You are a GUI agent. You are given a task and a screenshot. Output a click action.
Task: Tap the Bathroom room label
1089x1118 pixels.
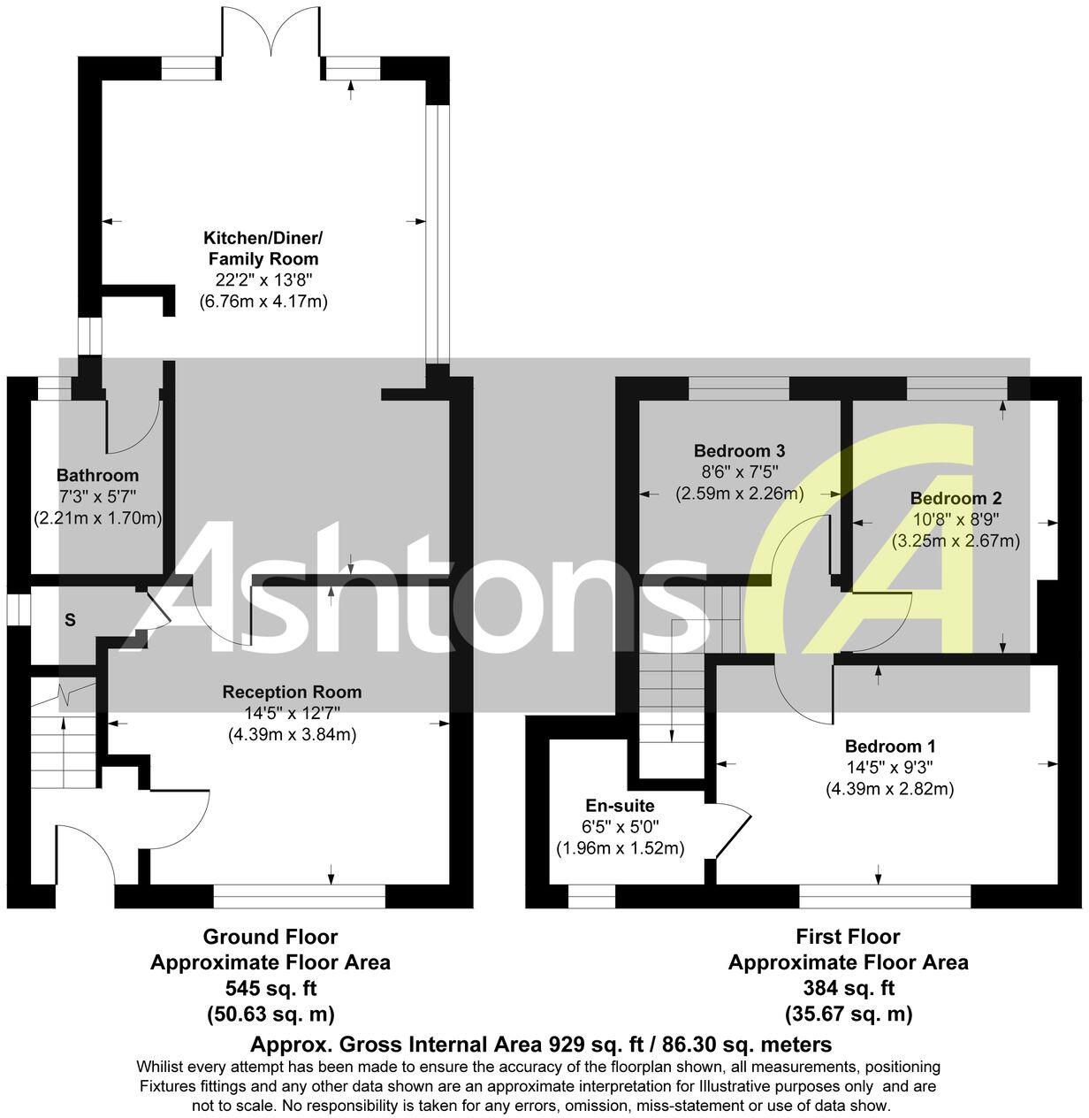pos(97,476)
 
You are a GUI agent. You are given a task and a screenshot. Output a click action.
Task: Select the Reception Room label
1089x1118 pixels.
pos(292,692)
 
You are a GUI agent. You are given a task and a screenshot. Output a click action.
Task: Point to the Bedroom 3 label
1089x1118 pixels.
pos(739,449)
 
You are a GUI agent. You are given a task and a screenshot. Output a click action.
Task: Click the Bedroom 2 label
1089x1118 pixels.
pos(956,498)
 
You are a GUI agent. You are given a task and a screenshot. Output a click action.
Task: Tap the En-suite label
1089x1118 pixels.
pos(620,806)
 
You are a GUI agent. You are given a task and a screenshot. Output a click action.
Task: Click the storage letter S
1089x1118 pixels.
pos(70,620)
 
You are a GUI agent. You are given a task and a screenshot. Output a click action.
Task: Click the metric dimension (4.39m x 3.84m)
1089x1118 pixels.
pos(292,734)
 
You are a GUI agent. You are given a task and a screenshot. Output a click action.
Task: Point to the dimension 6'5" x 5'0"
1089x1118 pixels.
pos(620,827)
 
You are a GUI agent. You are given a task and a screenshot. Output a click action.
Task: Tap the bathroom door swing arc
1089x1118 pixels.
pos(133,425)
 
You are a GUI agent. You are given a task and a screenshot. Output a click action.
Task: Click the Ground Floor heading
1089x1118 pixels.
pos(270,936)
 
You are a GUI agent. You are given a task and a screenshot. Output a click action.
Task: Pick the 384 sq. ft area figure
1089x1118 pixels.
pos(848,988)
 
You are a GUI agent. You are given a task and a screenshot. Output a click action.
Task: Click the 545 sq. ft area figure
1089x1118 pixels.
pos(270,988)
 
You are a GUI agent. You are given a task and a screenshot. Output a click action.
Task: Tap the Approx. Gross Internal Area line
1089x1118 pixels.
pos(541,1044)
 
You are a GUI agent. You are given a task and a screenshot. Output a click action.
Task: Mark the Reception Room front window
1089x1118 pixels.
pos(300,897)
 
